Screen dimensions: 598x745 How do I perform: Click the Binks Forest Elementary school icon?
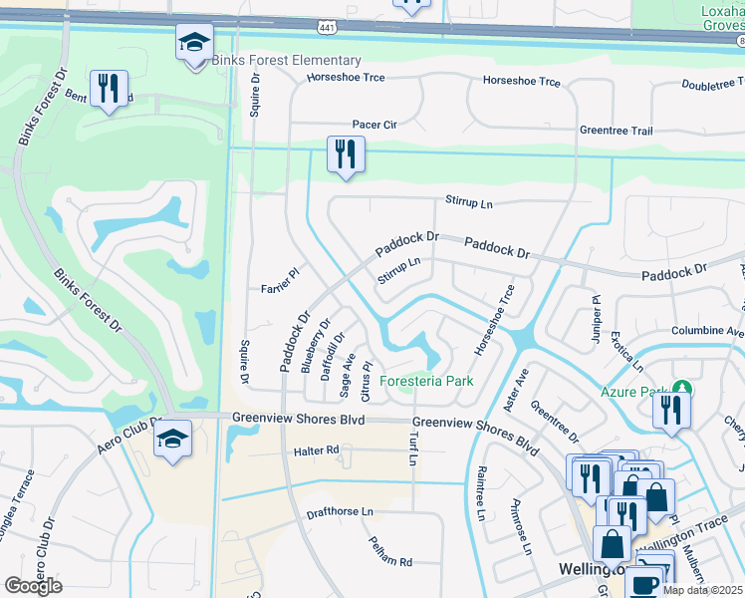(195, 43)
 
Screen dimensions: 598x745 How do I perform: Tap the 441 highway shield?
(327, 25)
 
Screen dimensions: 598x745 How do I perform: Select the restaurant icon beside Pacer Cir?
(346, 154)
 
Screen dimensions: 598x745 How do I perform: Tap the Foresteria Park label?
(427, 381)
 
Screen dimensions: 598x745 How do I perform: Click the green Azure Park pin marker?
(681, 388)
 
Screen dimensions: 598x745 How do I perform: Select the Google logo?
(33, 585)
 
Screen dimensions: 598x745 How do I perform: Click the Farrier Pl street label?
(281, 280)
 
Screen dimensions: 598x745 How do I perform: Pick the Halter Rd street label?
(317, 451)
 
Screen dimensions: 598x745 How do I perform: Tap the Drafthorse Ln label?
(340, 511)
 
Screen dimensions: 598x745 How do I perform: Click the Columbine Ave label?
(708, 330)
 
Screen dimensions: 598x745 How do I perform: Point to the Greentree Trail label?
(616, 131)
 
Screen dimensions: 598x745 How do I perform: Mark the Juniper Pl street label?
(596, 313)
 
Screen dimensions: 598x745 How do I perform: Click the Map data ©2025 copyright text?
(702, 590)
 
